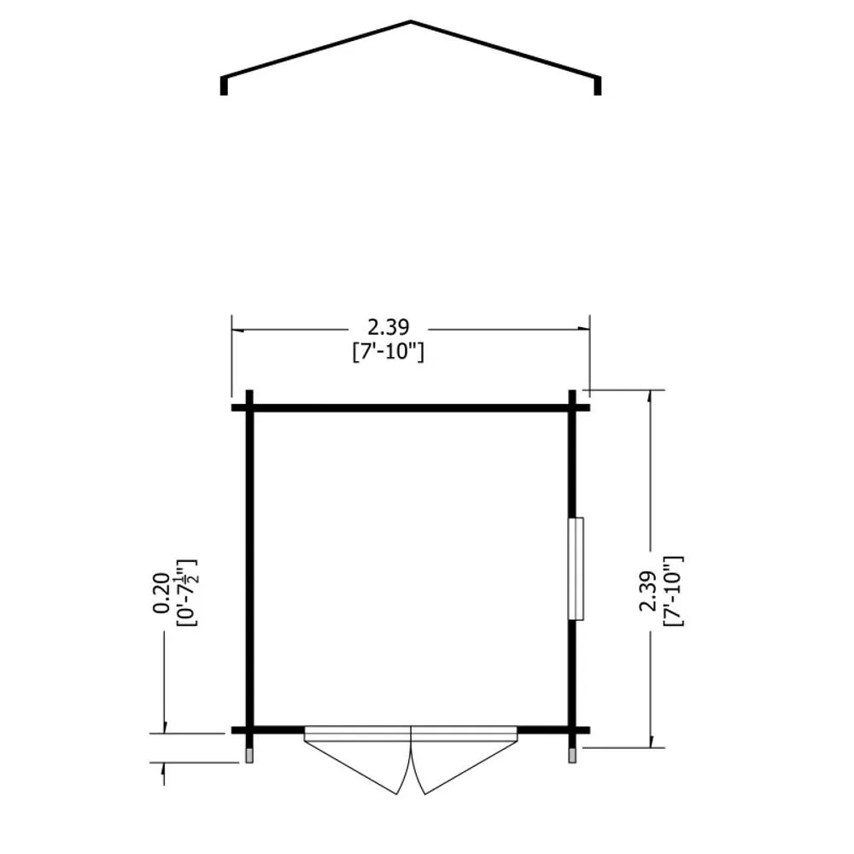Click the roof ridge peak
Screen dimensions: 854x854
pyautogui.click(x=411, y=22)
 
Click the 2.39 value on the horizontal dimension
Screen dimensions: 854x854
pyautogui.click(x=389, y=327)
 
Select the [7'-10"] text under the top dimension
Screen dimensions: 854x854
pyautogui.click(x=389, y=352)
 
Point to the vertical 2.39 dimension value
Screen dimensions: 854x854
pyautogui.click(x=648, y=592)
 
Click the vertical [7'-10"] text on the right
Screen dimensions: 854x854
pyautogui.click(x=673, y=592)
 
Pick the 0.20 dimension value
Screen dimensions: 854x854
pyautogui.click(x=161, y=594)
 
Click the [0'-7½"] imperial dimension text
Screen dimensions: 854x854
pyautogui.click(x=187, y=594)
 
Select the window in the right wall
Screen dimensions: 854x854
pyautogui.click(x=576, y=569)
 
